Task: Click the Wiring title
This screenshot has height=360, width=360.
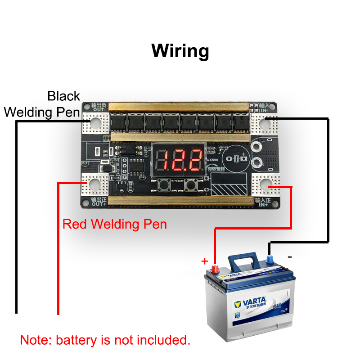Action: pyautogui.click(x=180, y=51)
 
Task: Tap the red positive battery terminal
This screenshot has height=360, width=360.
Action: pyautogui.click(x=215, y=268)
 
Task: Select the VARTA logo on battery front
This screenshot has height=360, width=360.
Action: pyautogui.click(x=250, y=301)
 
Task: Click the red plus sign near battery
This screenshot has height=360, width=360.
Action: pyautogui.click(x=205, y=261)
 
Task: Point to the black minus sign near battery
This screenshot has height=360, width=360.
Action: pyautogui.click(x=290, y=257)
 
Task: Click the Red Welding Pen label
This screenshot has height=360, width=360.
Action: pyautogui.click(x=115, y=224)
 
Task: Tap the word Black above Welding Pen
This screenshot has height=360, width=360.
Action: pyautogui.click(x=63, y=96)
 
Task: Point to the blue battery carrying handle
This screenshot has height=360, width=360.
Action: pyautogui.click(x=245, y=262)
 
